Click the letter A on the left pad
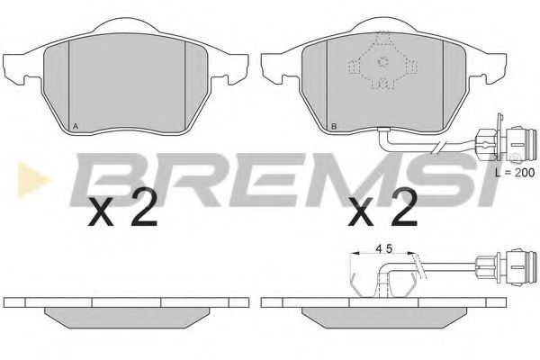click(76, 127)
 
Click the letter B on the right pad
click(333, 127)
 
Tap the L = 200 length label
click(515, 172)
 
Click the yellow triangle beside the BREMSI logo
click(32, 179)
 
